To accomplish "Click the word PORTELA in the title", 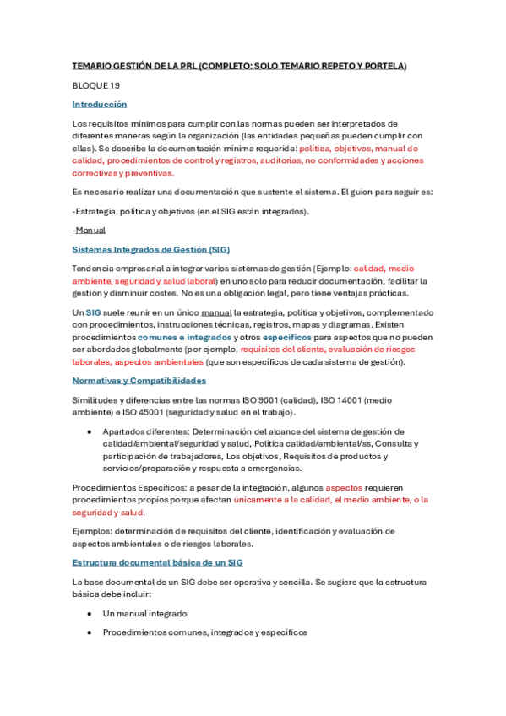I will click(385, 66).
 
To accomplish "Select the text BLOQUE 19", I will click(95, 85).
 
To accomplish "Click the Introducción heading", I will click(99, 104).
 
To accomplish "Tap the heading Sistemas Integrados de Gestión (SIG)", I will click(151, 250).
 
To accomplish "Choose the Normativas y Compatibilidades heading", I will click(139, 381).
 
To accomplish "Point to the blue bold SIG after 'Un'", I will click(93, 312).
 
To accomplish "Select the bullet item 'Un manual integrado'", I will click(144, 614).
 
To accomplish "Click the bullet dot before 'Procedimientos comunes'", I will click(90, 632).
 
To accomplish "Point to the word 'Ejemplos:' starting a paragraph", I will click(92, 531).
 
